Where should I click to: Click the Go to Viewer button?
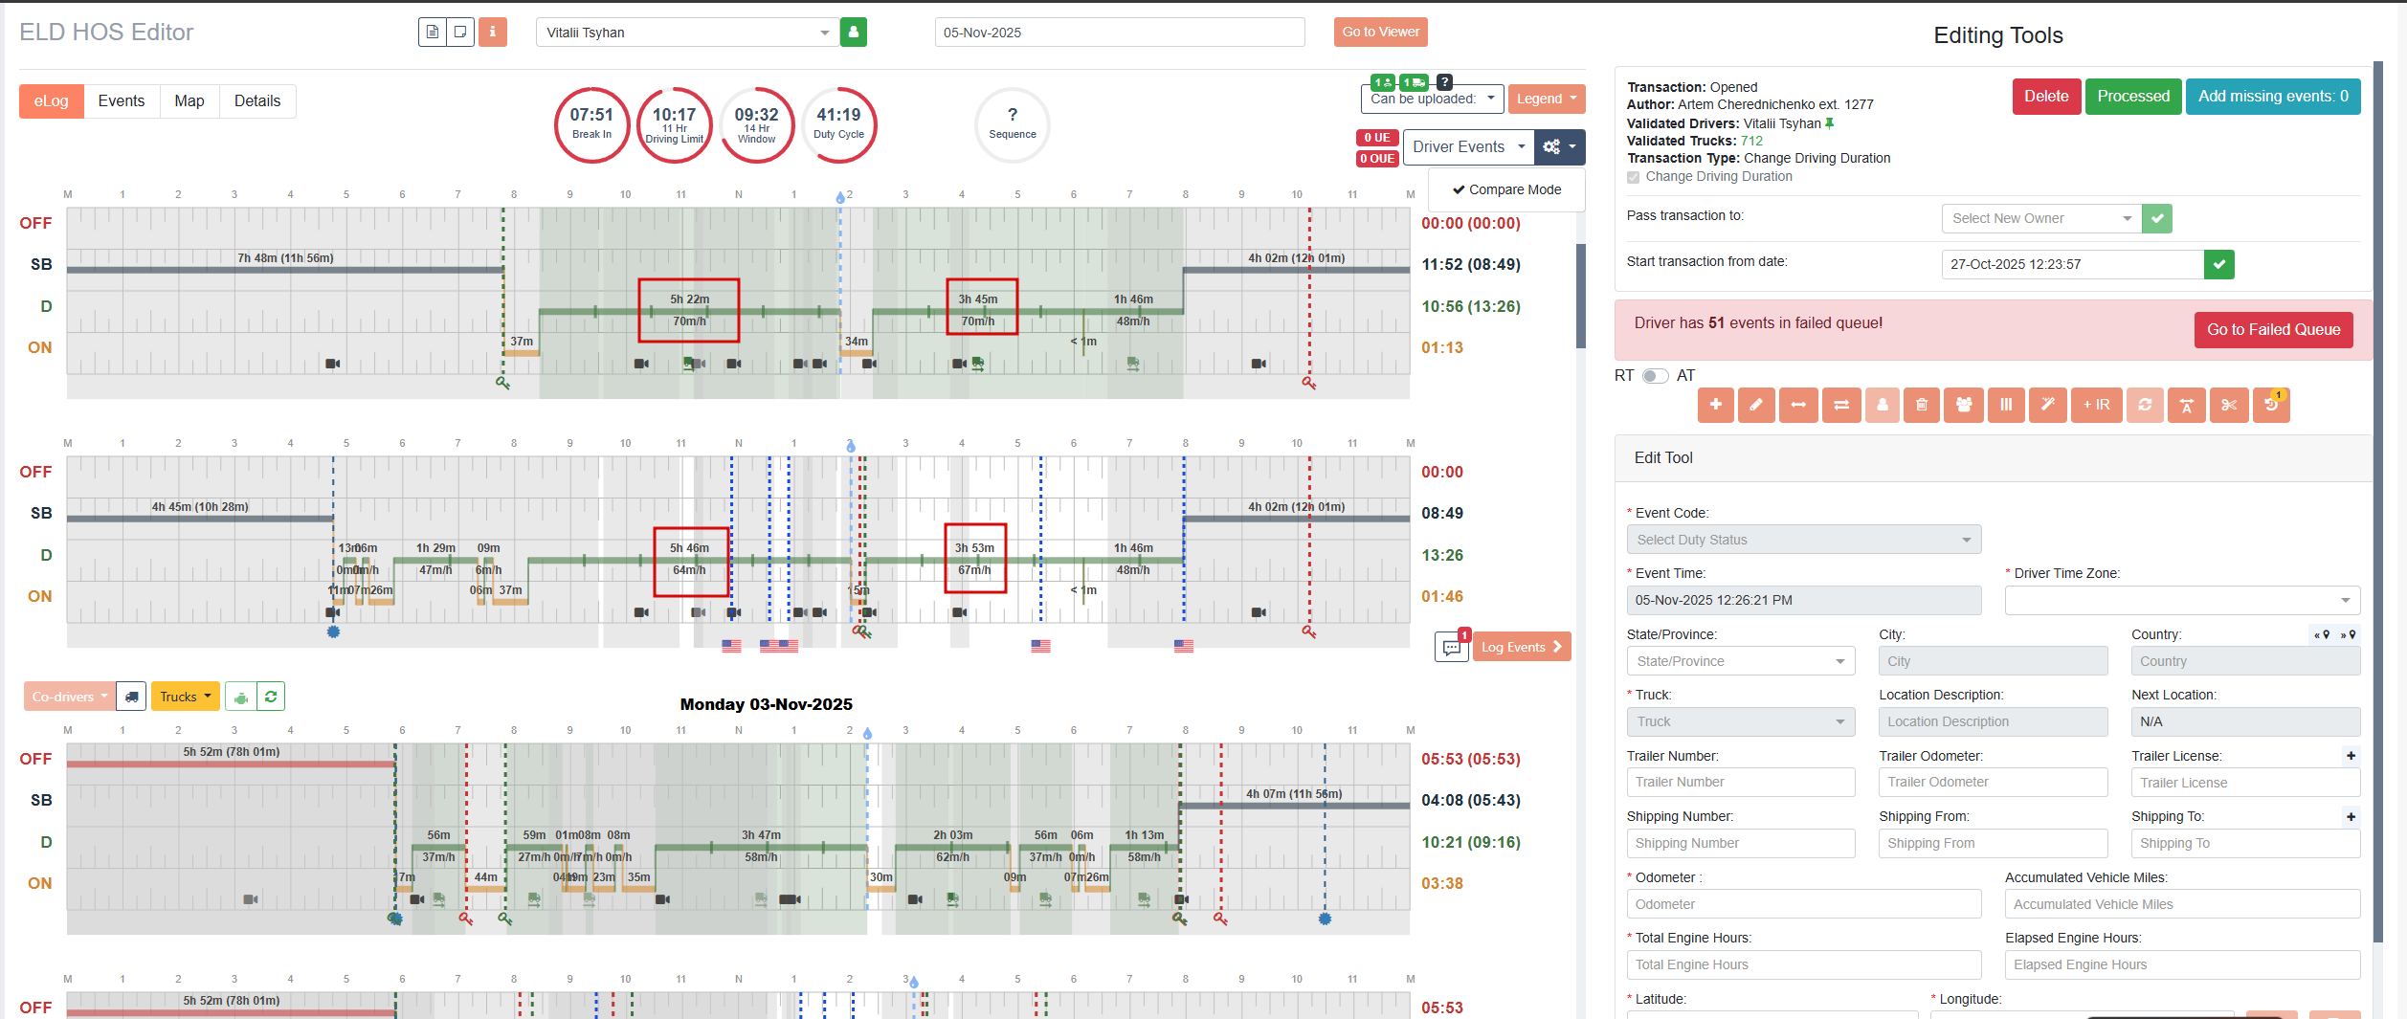[x=1380, y=32]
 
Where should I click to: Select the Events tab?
[x=121, y=101]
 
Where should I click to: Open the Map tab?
[x=189, y=101]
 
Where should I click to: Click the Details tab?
[x=257, y=101]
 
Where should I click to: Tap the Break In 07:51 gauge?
[x=591, y=124]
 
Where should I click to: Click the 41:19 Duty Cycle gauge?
[x=838, y=124]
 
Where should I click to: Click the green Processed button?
[x=2132, y=97]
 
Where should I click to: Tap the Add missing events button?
[x=2272, y=97]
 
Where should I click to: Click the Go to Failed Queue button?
[x=2273, y=330]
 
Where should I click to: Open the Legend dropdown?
[x=1546, y=99]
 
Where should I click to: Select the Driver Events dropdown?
[x=1468, y=147]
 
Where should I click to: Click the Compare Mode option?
[x=1506, y=189]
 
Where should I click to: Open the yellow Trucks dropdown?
[x=185, y=697]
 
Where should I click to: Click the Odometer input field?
[x=1803, y=904]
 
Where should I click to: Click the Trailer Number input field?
[x=1740, y=783]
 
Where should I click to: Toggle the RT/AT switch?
[x=1655, y=376]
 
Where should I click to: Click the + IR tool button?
[x=2096, y=405]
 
